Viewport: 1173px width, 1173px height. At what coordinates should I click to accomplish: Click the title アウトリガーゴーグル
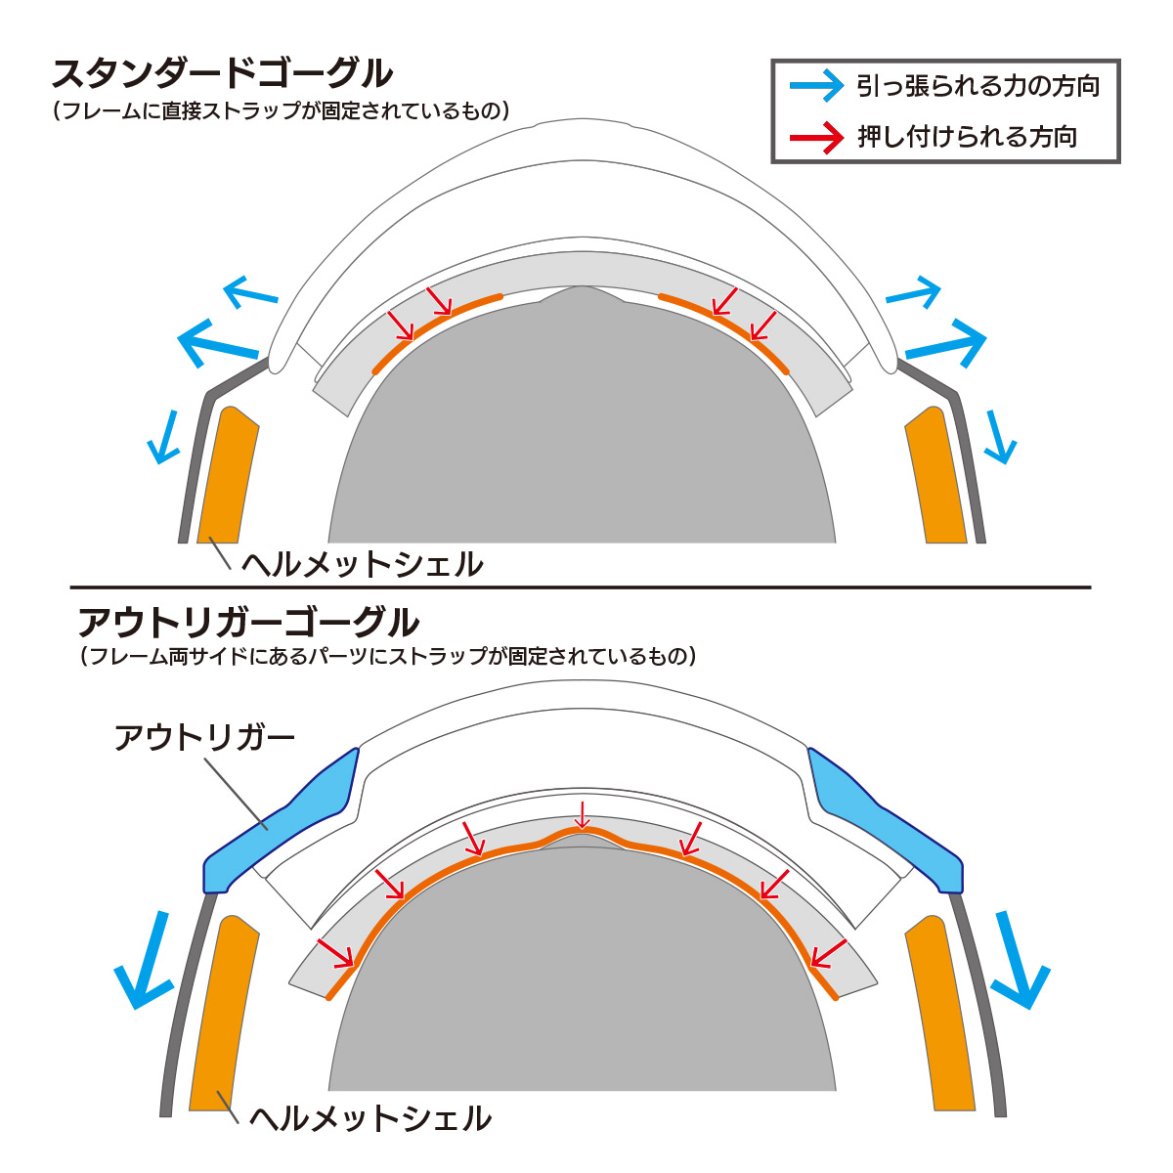[x=248, y=622]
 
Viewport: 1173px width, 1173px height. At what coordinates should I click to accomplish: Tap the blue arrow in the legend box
[x=816, y=86]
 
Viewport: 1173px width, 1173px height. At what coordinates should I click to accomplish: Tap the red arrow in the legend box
[x=816, y=137]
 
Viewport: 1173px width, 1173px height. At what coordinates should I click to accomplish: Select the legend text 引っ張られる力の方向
[x=977, y=86]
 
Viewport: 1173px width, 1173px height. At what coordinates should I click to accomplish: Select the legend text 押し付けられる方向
[x=967, y=137]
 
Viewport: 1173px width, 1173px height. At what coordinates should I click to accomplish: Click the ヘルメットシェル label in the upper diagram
[x=362, y=564]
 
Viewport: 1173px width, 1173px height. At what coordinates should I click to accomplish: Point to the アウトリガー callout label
[x=204, y=737]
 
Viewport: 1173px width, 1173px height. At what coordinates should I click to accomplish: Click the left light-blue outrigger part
[x=283, y=821]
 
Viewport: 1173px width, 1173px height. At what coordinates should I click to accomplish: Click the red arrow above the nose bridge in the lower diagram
[x=583, y=813]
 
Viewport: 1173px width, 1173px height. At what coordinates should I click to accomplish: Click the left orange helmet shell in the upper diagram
[x=228, y=474]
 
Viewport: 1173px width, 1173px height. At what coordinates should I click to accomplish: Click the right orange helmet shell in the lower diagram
[x=939, y=1017]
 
